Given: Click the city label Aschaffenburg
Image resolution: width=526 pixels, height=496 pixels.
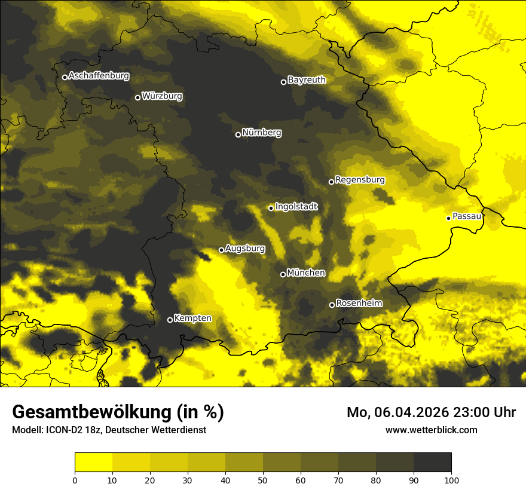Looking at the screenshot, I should [x=99, y=76].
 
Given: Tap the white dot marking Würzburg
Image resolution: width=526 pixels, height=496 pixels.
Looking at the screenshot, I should [x=137, y=97].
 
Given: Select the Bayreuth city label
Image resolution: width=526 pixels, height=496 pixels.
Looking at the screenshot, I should [x=307, y=79].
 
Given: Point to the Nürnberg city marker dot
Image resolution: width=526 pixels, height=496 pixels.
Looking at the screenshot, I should [x=238, y=134].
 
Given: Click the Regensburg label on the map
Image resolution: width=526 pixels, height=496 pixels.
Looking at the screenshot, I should [x=360, y=179].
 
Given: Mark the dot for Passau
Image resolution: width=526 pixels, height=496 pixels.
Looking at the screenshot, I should [x=448, y=218].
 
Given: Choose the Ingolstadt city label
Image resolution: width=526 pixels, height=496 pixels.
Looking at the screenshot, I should [x=296, y=206].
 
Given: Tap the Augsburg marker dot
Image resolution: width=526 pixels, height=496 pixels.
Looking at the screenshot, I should [x=221, y=250].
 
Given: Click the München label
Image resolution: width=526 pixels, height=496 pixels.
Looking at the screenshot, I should [x=306, y=273].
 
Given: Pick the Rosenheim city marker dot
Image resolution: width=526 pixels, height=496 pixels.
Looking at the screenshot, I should [x=332, y=305].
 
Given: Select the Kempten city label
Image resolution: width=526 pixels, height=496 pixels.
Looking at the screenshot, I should [x=192, y=318].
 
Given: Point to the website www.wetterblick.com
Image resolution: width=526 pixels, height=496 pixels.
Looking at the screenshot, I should [x=431, y=430].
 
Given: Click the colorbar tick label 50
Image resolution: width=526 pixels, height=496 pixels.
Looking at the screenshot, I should [x=263, y=480].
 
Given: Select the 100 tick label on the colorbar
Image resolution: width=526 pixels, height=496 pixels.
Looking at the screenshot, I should [x=451, y=480].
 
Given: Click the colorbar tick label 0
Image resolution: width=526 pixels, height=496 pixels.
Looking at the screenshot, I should [x=75, y=480].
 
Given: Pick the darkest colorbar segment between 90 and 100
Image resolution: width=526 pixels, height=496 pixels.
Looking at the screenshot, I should [x=432, y=463].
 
